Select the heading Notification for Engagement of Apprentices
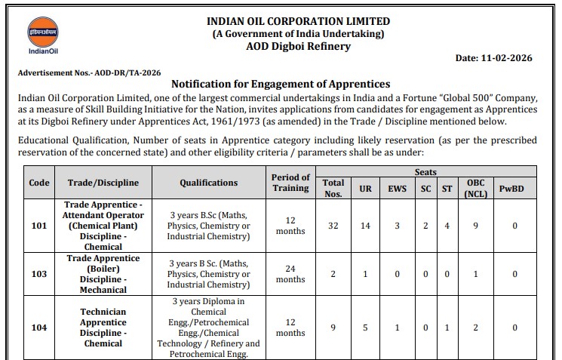click(x=281, y=84)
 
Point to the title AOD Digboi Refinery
click(x=298, y=46)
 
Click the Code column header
click(x=39, y=183)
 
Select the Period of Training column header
click(x=290, y=183)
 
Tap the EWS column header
click(x=398, y=188)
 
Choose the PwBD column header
click(x=515, y=188)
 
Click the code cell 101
click(x=39, y=226)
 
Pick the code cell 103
click(x=39, y=275)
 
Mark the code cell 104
click(x=39, y=328)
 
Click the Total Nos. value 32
click(x=333, y=226)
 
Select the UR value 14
click(x=365, y=226)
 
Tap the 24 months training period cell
click(x=290, y=274)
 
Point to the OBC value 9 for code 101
click(x=476, y=226)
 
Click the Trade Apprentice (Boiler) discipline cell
click(x=103, y=274)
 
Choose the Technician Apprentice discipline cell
click(x=103, y=328)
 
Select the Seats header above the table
click(x=425, y=173)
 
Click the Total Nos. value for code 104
click(x=333, y=328)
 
